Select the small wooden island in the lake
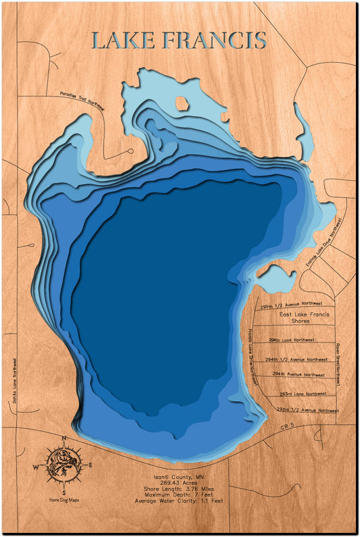pos(182,103)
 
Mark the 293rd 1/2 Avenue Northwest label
pos(307,410)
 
